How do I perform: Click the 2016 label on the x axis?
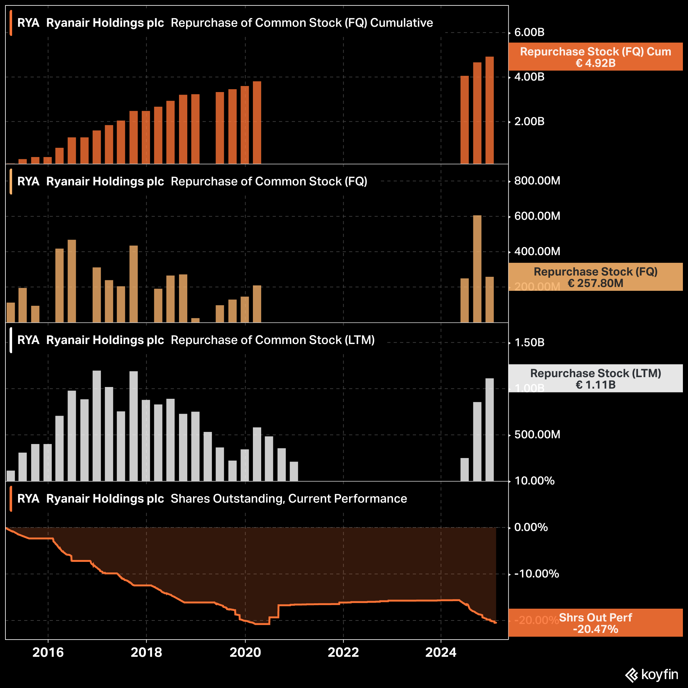tap(48, 652)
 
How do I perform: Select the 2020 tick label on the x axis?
tap(245, 652)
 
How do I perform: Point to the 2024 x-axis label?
tap(441, 652)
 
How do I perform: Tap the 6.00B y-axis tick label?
tap(529, 32)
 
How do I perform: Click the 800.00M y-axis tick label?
tap(537, 181)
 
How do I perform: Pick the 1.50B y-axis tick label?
tap(529, 343)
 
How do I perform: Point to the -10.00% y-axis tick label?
tap(536, 574)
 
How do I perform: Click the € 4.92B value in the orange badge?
tap(595, 63)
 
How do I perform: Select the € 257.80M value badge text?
tap(595, 283)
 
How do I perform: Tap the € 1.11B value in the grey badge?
tap(595, 385)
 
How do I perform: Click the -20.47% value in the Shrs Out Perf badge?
tap(595, 629)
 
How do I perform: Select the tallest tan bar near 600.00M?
tap(477, 269)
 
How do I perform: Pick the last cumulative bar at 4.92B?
tap(489, 111)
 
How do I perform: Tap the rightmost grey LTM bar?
tap(489, 429)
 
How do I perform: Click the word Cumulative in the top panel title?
tap(401, 23)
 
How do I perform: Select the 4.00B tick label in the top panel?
tap(529, 77)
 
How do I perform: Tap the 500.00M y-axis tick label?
tap(537, 434)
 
